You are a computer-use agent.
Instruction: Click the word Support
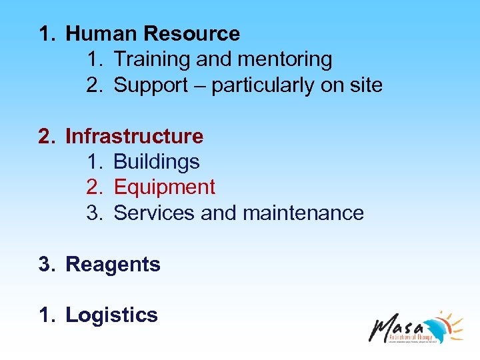151,85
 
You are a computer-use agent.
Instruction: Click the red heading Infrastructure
134,137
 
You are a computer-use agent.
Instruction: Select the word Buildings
157,162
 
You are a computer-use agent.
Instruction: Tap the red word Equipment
165,187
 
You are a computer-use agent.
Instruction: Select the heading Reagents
113,265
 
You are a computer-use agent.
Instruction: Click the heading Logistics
111,315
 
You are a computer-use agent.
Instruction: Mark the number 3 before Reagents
44,265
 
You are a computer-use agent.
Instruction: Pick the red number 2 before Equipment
93,187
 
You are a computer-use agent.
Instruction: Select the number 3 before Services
93,213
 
